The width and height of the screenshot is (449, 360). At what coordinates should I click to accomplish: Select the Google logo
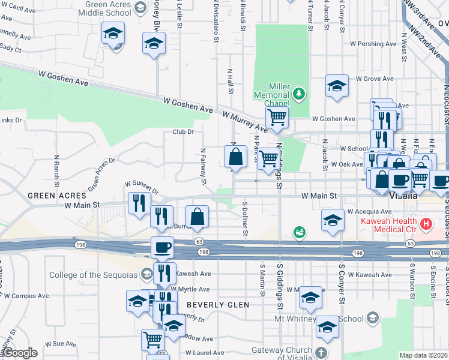click(19, 353)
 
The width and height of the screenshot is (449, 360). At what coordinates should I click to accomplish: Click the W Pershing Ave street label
click(376, 44)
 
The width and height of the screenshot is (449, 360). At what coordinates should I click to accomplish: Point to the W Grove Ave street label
click(375, 79)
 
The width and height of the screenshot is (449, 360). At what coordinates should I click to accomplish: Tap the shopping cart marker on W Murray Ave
click(276, 116)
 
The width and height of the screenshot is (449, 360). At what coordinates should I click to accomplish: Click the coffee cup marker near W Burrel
click(162, 247)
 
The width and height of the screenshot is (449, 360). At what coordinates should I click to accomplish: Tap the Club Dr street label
click(183, 131)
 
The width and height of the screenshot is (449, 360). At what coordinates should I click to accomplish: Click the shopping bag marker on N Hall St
click(237, 157)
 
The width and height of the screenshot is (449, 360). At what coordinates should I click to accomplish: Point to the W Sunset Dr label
click(142, 187)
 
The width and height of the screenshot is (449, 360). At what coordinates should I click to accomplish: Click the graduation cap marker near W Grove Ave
click(337, 86)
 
